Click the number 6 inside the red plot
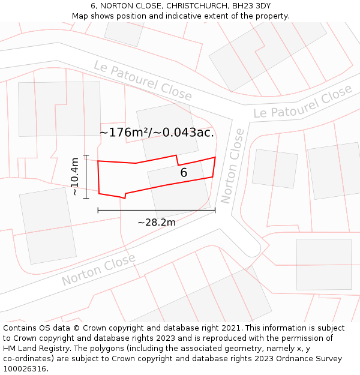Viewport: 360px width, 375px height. pyautogui.click(x=184, y=173)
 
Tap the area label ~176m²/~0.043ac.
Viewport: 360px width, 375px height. pyautogui.click(x=157, y=133)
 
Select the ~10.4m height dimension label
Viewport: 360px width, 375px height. pyautogui.click(x=74, y=176)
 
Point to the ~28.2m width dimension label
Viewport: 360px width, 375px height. pyautogui.click(x=157, y=223)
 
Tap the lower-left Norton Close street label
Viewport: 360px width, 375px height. pyautogui.click(x=98, y=271)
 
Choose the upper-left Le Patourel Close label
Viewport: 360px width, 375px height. pyautogui.click(x=143, y=80)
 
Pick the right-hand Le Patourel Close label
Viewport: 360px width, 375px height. pyautogui.click(x=302, y=103)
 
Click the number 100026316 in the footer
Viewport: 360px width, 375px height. pyautogui.click(x=23, y=369)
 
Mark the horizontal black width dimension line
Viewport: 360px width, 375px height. pyautogui.click(x=156, y=210)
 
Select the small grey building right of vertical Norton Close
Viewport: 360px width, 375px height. pyautogui.click(x=275, y=169)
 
